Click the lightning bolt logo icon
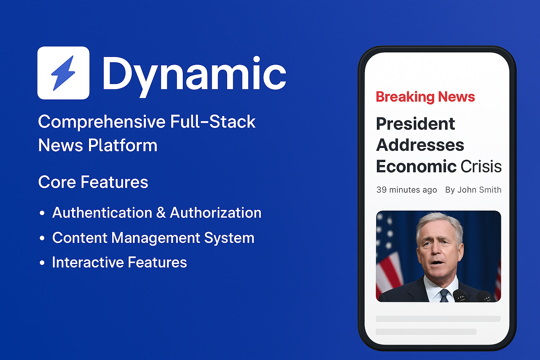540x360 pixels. pos(63,73)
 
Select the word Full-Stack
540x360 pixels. pos(213,121)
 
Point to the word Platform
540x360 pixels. pos(122,146)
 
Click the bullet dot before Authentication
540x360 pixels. pos(42,213)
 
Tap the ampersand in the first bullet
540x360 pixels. pos(161,213)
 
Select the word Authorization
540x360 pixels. pos(216,213)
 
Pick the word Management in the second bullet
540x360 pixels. pos(156,238)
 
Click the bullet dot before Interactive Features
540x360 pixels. pos(42,263)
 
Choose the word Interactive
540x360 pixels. pos(88,262)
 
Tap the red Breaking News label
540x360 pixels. pos(425,97)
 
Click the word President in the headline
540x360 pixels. pos(415,124)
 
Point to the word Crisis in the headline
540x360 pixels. pos(481,166)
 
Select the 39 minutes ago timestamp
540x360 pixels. pos(407,190)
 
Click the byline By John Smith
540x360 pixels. pos(473,190)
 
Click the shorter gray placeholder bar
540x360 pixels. pos(426,332)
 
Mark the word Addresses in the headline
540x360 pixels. pos(420,145)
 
